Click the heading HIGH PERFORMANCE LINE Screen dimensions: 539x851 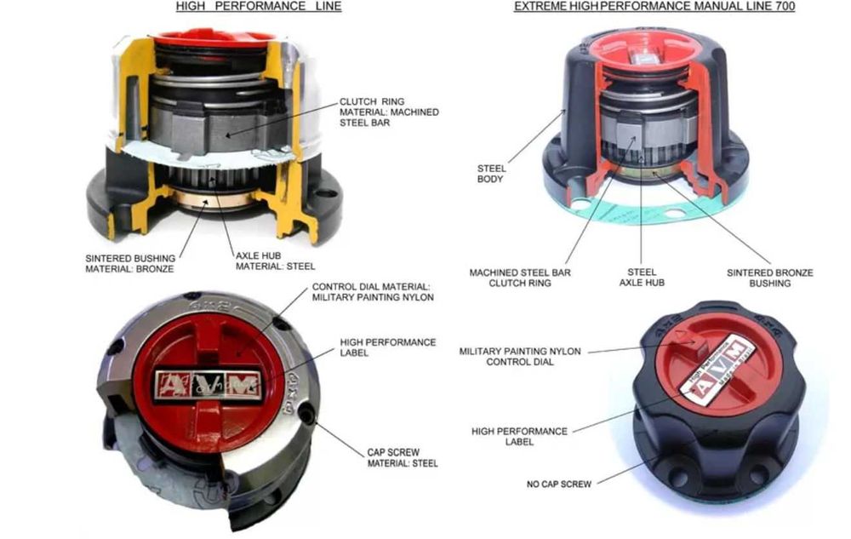259,7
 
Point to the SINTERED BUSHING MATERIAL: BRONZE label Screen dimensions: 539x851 130,262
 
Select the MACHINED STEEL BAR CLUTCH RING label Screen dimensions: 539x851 520,278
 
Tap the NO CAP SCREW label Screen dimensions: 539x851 558,484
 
